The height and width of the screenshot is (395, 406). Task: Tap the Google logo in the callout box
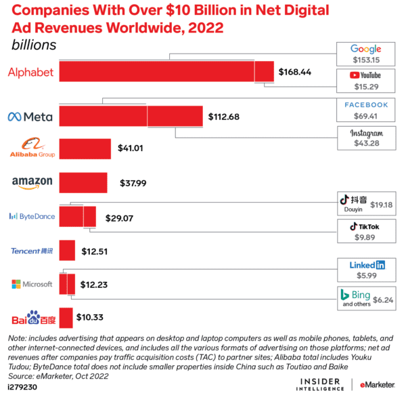coord(366,49)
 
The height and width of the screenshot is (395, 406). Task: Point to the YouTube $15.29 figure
coord(366,87)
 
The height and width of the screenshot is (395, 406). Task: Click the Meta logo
coord(29,116)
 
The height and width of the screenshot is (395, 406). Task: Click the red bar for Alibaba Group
coord(85,149)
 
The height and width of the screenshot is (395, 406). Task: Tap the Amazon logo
coord(32,182)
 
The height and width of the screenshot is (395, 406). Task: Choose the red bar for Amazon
coord(83,182)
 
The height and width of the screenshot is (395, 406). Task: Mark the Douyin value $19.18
coord(381,204)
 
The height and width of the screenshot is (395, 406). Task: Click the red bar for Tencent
coord(67,251)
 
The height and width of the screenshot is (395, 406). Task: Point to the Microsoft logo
coord(32,284)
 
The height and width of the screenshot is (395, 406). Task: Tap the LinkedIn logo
coord(366,265)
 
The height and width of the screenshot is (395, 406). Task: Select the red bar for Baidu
coord(66,317)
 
